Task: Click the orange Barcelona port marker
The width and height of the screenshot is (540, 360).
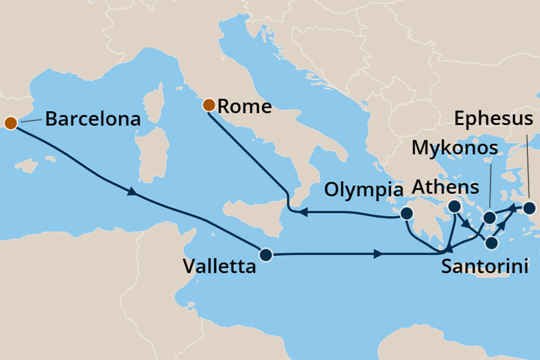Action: click(x=10, y=122)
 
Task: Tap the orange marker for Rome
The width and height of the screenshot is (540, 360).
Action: click(x=209, y=105)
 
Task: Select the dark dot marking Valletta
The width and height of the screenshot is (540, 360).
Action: click(x=265, y=255)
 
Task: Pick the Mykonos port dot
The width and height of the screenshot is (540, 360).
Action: click(x=490, y=219)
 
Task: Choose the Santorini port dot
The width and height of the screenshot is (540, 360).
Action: click(x=492, y=242)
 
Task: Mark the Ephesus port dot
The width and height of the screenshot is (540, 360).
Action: click(x=530, y=207)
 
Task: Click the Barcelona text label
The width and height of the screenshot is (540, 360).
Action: click(x=92, y=119)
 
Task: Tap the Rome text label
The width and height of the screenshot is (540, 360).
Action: click(x=245, y=106)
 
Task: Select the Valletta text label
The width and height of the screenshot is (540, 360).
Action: click(x=219, y=266)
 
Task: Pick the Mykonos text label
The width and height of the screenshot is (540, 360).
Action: click(x=455, y=148)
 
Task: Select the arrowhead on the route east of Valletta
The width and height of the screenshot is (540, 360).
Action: click(x=377, y=254)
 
